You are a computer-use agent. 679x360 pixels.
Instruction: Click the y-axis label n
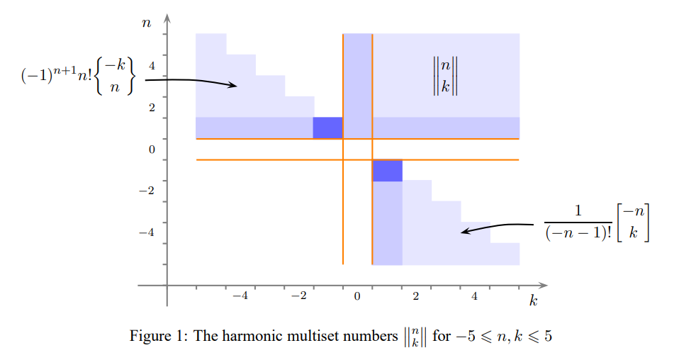tap(147, 23)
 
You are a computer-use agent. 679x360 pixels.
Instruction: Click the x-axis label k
tap(534, 301)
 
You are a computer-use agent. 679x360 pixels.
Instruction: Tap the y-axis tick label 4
tap(152, 66)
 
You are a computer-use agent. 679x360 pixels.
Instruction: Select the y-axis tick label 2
tap(152, 108)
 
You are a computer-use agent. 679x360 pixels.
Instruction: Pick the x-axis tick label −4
tap(241, 296)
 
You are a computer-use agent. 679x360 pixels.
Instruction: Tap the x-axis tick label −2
tap(300, 296)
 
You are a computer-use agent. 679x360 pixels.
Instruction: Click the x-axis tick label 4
tap(475, 296)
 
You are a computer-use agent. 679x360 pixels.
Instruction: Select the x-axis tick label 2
tap(416, 296)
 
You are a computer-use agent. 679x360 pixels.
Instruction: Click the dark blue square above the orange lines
tap(327, 128)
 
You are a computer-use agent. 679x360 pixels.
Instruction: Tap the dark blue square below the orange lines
tap(387, 171)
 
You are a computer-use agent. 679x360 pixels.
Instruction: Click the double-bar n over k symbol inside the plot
tap(446, 76)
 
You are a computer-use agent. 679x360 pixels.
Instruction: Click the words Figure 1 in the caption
tap(155, 336)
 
